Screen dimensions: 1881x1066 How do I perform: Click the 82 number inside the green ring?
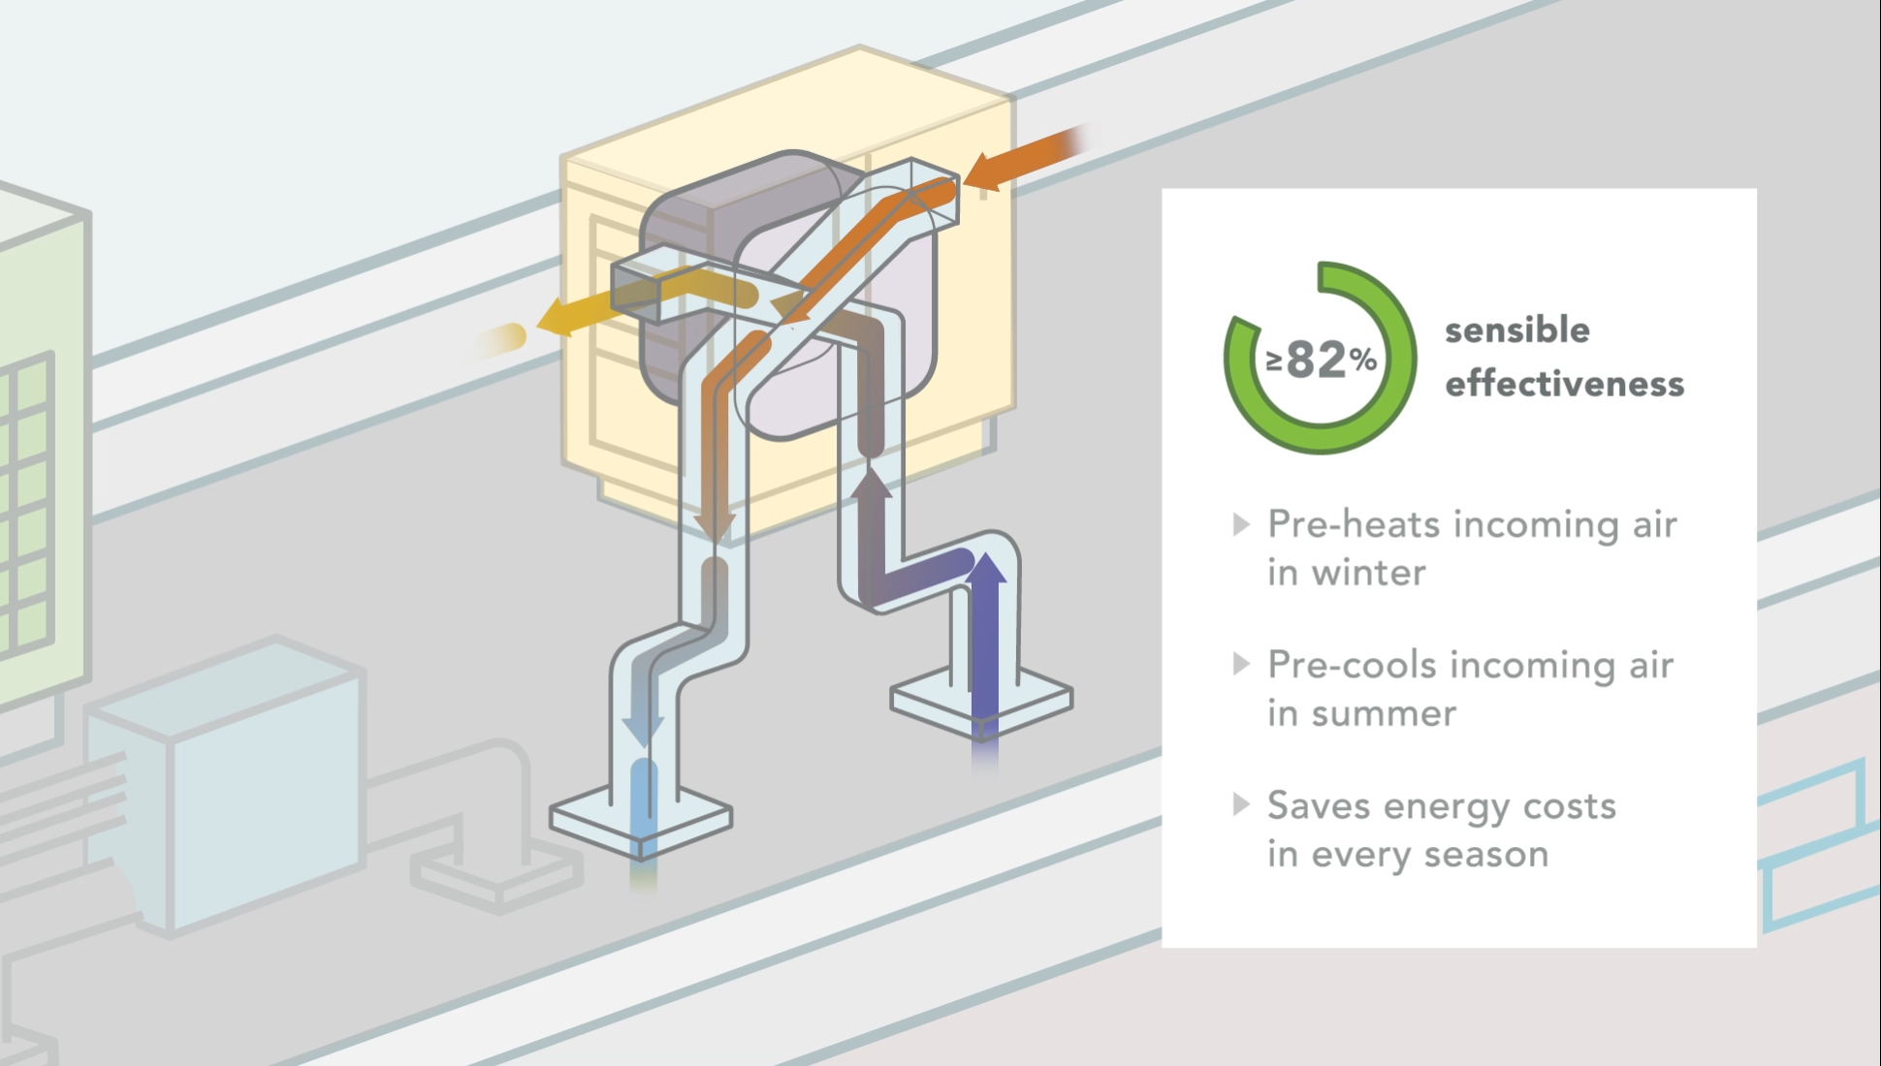coord(1318,360)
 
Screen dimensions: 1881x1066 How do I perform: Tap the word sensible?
coord(1517,329)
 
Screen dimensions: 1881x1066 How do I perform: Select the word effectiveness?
coord(1565,383)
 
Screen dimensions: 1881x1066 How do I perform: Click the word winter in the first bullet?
coord(1369,573)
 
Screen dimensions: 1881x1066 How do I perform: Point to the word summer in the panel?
coord(1384,713)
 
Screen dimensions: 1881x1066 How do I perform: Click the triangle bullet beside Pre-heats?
coord(1241,524)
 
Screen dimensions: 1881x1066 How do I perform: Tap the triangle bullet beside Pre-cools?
coord(1241,664)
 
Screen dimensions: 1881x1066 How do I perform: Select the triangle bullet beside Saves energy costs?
coord(1241,804)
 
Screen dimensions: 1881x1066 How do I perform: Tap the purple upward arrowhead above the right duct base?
coord(987,568)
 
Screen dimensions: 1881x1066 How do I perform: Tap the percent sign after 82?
coord(1363,361)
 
